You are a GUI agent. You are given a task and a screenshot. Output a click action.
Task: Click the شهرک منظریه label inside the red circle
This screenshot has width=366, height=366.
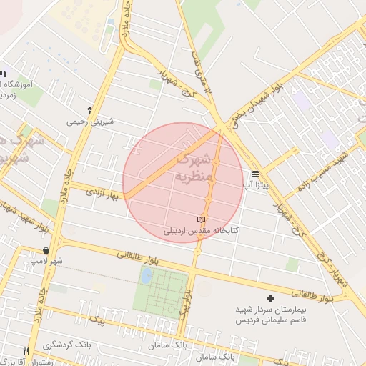coord(194,166)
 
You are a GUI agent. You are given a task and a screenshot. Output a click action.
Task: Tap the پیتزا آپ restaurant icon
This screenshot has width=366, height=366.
coord(255,174)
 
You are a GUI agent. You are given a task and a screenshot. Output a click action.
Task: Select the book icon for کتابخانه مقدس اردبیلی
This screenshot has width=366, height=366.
coord(201,219)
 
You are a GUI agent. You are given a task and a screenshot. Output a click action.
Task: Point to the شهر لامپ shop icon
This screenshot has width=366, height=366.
coord(47,251)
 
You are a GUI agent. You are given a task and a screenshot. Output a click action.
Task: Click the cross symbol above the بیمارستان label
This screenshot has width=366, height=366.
coord(270,297)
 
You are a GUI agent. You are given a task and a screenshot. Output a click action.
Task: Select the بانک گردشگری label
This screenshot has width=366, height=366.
coord(66,345)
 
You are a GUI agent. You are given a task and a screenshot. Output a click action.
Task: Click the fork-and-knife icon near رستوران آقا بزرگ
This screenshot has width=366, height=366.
coord(26,351)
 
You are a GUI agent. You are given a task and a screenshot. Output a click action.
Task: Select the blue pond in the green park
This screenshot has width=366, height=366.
coord(147,275)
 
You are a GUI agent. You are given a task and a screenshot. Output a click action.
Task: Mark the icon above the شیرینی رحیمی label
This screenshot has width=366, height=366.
coord(89,110)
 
